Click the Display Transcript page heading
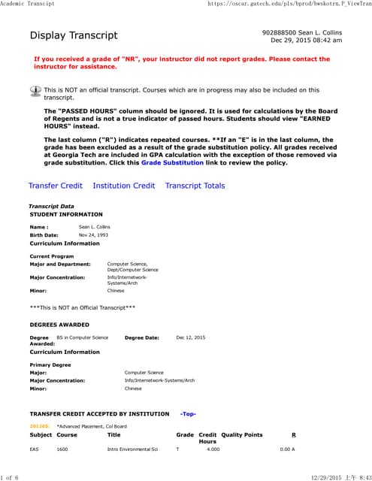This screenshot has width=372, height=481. pyautogui.click(x=74, y=36)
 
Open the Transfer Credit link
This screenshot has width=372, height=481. pyautogui.click(x=55, y=186)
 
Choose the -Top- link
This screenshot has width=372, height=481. pyautogui.click(x=188, y=413)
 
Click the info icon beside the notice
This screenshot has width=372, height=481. pyautogui.click(x=35, y=91)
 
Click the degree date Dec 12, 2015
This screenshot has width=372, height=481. pyautogui.click(x=190, y=337)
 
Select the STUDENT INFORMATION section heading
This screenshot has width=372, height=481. pyautogui.click(x=66, y=214)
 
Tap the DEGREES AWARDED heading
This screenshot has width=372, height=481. pyautogui.click(x=59, y=325)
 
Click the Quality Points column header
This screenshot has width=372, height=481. pyautogui.click(x=242, y=434)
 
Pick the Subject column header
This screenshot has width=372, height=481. pyautogui.click(x=41, y=434)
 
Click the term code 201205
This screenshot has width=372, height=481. pyautogui.click(x=39, y=426)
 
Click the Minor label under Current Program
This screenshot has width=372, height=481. pyautogui.click(x=38, y=290)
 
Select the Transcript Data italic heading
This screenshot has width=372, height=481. pyautogui.click(x=51, y=206)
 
